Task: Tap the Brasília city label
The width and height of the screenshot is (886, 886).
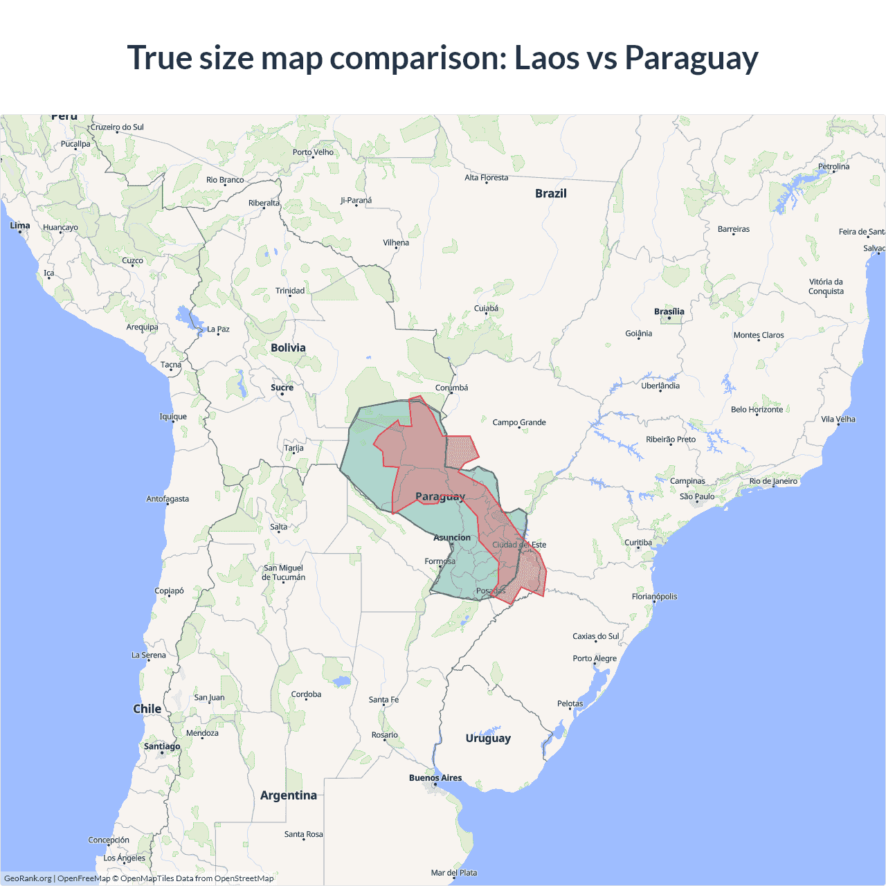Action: [x=669, y=311]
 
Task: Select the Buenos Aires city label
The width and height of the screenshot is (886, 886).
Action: [x=435, y=778]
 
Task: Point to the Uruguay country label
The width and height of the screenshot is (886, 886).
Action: [x=488, y=738]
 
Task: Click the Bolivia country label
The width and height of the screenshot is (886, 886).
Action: [x=288, y=347]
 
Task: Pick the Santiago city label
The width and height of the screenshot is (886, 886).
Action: [x=162, y=746]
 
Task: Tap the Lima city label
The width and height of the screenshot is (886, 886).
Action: [x=20, y=226]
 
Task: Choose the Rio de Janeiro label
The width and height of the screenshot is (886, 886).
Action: [x=773, y=481]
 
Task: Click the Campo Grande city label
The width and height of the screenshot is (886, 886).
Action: [x=519, y=422]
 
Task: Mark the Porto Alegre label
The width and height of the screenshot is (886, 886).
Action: [x=595, y=658]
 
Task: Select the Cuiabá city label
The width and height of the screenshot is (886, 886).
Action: [x=486, y=309]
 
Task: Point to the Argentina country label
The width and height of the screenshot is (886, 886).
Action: [x=289, y=795]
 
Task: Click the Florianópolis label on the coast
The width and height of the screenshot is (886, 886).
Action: [x=654, y=597]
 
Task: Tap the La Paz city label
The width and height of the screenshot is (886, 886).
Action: [x=219, y=329]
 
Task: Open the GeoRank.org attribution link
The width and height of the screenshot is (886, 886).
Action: [x=28, y=878]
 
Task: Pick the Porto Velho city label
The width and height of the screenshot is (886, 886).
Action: [x=313, y=152]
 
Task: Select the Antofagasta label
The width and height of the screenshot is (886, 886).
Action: [x=168, y=499]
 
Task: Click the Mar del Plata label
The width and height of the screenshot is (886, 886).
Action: [x=453, y=873]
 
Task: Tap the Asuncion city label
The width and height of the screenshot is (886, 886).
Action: [x=452, y=538]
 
